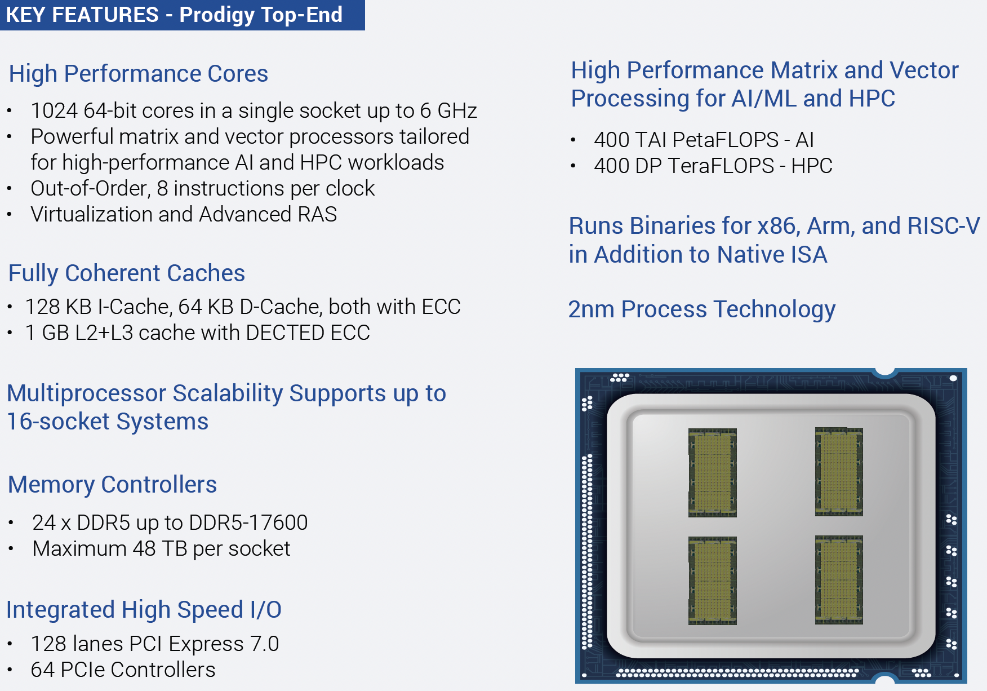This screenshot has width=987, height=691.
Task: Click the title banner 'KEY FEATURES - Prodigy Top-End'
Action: click(x=182, y=15)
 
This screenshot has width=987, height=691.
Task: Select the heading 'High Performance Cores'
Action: click(x=139, y=74)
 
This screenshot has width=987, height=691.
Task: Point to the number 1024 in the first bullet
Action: click(x=54, y=110)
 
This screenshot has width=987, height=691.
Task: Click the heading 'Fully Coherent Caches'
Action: click(x=127, y=273)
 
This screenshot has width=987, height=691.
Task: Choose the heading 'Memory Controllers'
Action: click(x=113, y=485)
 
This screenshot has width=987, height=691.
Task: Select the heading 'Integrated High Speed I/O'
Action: click(x=144, y=610)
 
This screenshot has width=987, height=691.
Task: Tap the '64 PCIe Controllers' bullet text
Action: click(x=123, y=670)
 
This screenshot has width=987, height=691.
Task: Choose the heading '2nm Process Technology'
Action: click(x=702, y=309)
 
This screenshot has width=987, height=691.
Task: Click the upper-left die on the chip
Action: click(x=713, y=473)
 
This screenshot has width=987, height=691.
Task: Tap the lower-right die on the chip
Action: click(x=839, y=580)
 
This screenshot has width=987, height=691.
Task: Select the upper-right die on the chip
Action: click(x=839, y=472)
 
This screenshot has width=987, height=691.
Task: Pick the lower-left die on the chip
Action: click(x=713, y=581)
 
